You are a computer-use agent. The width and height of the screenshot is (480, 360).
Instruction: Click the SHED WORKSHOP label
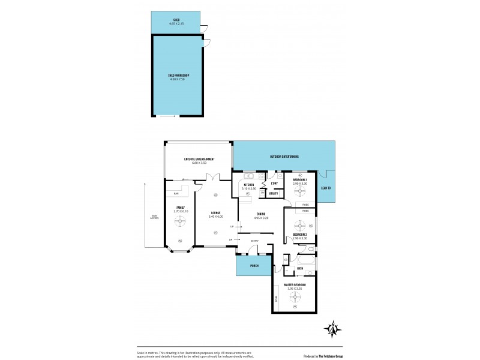(x=179, y=75)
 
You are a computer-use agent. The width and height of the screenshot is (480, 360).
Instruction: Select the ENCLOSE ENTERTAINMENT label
(x=199, y=159)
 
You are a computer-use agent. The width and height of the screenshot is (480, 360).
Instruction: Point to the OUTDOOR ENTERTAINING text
(x=283, y=157)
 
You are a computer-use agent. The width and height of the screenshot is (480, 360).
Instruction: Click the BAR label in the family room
(x=176, y=194)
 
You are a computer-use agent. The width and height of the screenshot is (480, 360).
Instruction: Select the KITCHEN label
(x=248, y=185)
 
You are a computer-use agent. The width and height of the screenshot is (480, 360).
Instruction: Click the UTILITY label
(x=274, y=193)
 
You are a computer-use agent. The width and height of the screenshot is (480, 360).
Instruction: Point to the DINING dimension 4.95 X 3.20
(x=260, y=218)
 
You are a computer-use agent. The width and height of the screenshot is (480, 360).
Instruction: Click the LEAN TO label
(x=325, y=188)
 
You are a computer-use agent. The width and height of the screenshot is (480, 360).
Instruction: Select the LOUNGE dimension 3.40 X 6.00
(x=215, y=216)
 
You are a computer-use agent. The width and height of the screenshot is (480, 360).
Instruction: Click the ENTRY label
(x=255, y=241)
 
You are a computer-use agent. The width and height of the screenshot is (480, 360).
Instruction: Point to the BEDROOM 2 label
(x=300, y=235)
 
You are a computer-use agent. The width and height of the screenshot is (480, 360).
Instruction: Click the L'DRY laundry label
(x=274, y=183)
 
